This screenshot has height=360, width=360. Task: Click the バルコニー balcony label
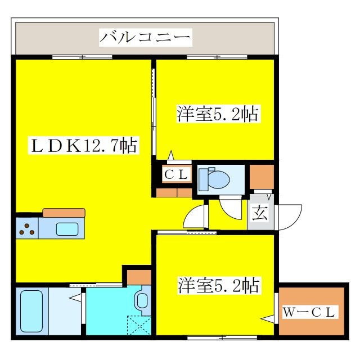pyautogui.click(x=146, y=39)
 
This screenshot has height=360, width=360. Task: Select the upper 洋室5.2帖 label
pyautogui.click(x=218, y=115)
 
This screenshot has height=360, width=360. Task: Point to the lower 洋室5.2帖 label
pyautogui.click(x=219, y=285)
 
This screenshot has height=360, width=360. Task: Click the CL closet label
pyautogui.click(x=175, y=174)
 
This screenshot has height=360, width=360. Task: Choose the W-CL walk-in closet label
pyautogui.click(x=309, y=312)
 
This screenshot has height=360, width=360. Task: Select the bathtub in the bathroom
pyautogui.click(x=33, y=311)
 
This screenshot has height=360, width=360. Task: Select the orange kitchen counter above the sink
pyautogui.click(x=64, y=213)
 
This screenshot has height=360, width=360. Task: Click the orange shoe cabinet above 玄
pyautogui.click(x=261, y=177)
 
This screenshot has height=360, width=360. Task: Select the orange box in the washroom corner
pyautogui.click(x=138, y=277)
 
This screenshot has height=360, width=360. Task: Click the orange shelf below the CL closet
pyautogui.click(x=174, y=192)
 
